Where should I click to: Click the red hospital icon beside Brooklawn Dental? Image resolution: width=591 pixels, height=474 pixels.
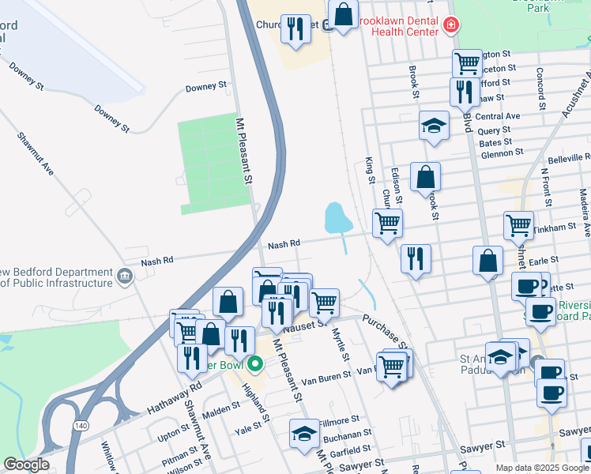451,26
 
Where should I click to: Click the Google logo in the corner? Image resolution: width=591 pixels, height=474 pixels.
26,465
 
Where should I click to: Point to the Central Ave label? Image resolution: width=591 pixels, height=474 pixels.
498,116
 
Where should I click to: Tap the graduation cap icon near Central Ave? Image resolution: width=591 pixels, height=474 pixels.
434,126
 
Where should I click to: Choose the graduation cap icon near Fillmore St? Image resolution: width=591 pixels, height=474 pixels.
304,434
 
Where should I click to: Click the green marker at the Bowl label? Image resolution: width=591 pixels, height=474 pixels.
254,365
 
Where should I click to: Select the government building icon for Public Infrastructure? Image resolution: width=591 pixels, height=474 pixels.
124,276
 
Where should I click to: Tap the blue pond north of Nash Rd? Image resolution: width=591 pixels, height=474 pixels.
337,217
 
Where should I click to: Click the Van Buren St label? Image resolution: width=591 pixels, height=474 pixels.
329,376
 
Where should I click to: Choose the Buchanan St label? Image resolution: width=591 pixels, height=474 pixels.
347,434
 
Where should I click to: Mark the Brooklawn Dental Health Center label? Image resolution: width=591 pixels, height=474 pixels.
398,25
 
